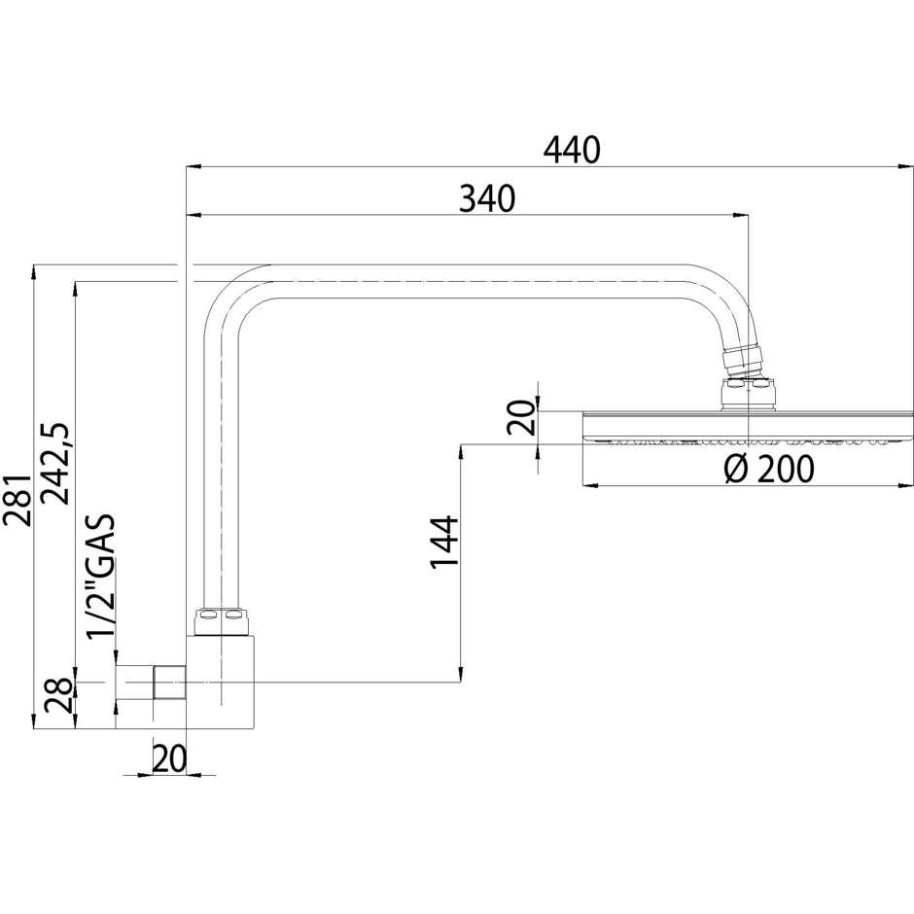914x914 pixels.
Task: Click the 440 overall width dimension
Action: click(572, 149)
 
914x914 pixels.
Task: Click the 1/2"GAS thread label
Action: click(100, 577)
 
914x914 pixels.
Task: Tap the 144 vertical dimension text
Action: click(443, 542)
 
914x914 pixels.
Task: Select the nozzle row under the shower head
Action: click(746, 443)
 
